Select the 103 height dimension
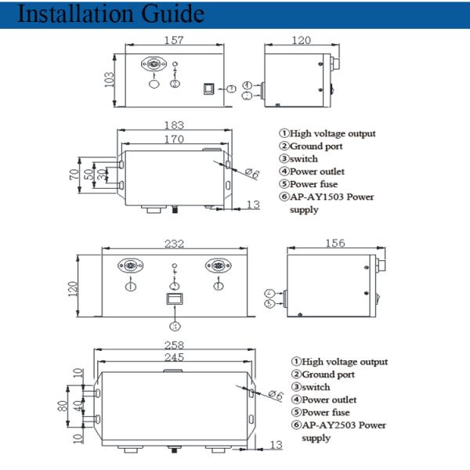point(109,79)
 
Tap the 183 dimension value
point(174,125)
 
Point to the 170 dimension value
point(174,139)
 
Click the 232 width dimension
point(173,244)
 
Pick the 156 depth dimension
point(334,244)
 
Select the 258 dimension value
point(173,345)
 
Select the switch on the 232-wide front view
point(174,299)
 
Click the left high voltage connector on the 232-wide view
point(131,266)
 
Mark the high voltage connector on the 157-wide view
point(153,64)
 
